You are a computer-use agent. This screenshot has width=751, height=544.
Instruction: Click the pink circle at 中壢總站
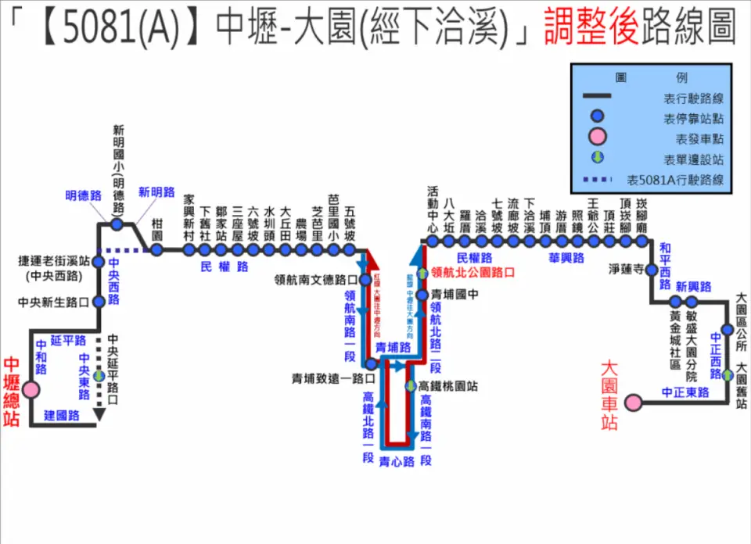click(31, 388)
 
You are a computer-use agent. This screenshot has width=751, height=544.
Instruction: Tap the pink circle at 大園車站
click(633, 403)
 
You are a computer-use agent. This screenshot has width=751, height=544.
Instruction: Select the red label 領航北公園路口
click(473, 273)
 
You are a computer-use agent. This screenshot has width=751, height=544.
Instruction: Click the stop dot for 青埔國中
click(424, 295)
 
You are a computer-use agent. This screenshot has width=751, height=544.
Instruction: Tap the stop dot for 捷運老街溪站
click(99, 262)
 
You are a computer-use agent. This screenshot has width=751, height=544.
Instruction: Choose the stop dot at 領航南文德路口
click(365, 279)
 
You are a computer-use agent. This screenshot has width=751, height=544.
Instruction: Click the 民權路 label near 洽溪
click(474, 258)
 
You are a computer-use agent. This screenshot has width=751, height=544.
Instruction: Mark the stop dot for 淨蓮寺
click(651, 270)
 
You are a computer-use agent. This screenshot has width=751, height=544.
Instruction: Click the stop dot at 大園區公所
click(728, 330)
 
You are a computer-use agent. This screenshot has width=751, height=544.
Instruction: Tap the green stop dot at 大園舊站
click(728, 375)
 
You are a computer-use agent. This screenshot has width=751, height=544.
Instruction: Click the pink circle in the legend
click(598, 138)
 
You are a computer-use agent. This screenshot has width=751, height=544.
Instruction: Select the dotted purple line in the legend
click(604, 181)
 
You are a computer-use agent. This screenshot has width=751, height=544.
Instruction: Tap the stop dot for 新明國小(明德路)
click(117, 224)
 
